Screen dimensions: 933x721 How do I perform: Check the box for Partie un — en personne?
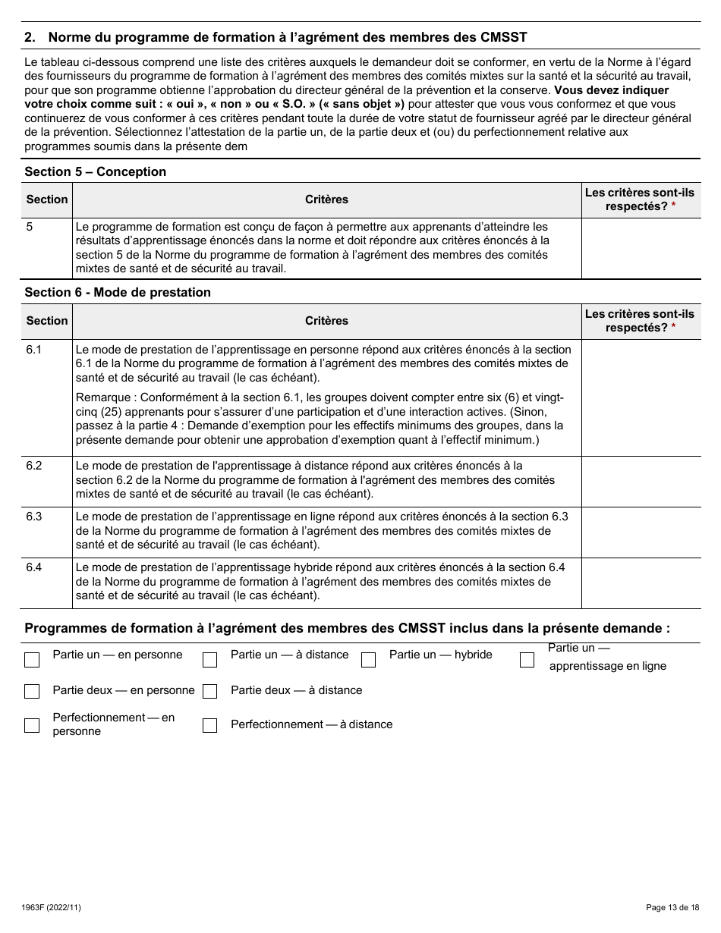point(32,659)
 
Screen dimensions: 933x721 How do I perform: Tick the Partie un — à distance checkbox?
point(210,659)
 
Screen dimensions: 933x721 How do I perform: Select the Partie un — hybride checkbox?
point(369,659)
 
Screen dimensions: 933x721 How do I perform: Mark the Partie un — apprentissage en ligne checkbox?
point(527,659)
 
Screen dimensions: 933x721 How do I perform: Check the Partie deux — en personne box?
point(32,691)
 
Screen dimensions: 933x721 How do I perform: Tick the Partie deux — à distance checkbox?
point(210,691)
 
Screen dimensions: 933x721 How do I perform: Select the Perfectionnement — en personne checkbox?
point(32,724)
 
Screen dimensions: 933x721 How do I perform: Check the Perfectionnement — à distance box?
point(210,725)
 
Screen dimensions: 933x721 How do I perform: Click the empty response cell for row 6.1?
point(641,397)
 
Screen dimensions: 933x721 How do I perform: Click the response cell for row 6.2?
point(641,481)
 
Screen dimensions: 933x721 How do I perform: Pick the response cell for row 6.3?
point(641,532)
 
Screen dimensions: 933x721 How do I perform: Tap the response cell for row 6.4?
point(641,583)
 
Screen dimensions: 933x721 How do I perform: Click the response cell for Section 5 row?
point(641,248)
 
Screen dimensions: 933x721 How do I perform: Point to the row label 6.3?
point(34,517)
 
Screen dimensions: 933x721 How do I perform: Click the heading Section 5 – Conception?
point(96,171)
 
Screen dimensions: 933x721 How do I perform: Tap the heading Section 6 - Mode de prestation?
point(118,293)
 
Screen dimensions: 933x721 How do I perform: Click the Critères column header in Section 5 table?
point(326,199)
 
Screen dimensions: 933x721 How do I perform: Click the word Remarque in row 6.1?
point(102,397)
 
